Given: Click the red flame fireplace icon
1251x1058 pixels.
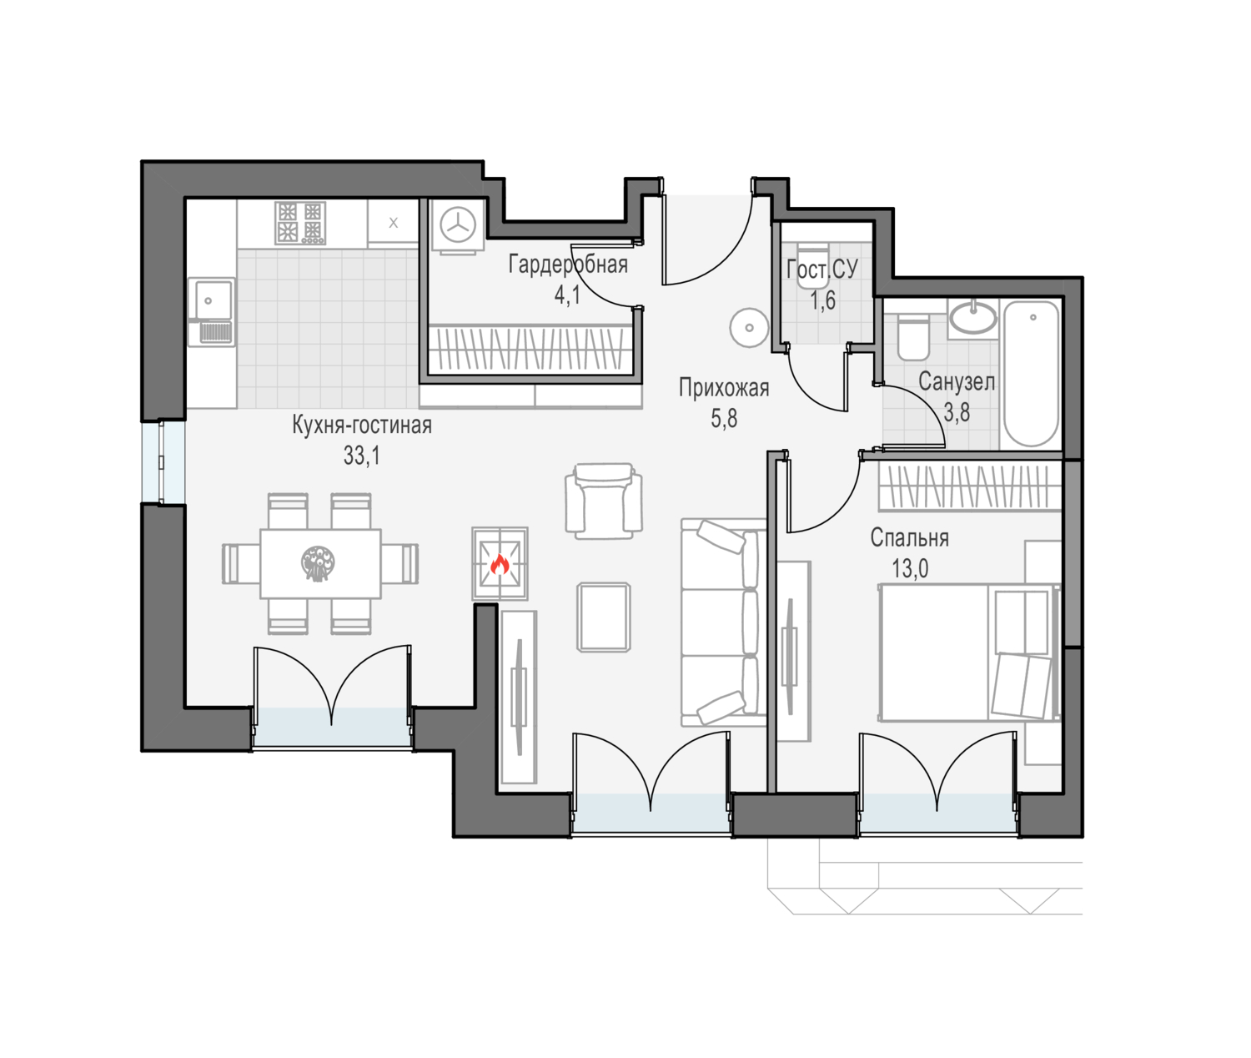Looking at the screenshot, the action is pyautogui.click(x=500, y=564).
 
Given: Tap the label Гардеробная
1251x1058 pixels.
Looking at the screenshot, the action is pyautogui.click(x=568, y=264).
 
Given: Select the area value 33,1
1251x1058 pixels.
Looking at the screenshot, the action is pyautogui.click(x=361, y=456).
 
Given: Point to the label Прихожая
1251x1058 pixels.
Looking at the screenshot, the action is pyautogui.click(x=723, y=388).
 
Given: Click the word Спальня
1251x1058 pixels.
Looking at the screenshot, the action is pyautogui.click(x=909, y=538).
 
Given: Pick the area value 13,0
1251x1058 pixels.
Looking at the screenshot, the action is pyautogui.click(x=910, y=569).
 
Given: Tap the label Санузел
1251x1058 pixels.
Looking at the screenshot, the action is pyautogui.click(x=957, y=382).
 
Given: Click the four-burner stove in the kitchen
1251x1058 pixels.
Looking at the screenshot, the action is pyautogui.click(x=300, y=223).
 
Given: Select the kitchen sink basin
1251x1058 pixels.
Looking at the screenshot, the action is pyautogui.click(x=210, y=298).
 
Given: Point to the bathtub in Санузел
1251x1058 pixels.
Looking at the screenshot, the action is pyautogui.click(x=1032, y=374).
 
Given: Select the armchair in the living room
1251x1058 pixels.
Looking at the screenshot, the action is pyautogui.click(x=604, y=501).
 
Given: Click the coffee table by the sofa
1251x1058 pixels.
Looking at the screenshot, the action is pyautogui.click(x=604, y=617).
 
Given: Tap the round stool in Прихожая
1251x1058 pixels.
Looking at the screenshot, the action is pyautogui.click(x=749, y=328).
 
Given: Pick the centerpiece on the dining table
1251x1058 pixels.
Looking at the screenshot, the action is pyautogui.click(x=318, y=563).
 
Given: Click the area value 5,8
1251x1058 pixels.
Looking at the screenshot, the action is pyautogui.click(x=724, y=419).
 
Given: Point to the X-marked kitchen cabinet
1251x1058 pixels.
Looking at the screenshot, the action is pyautogui.click(x=393, y=222).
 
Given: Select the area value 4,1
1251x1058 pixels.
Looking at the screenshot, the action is pyautogui.click(x=567, y=295).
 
